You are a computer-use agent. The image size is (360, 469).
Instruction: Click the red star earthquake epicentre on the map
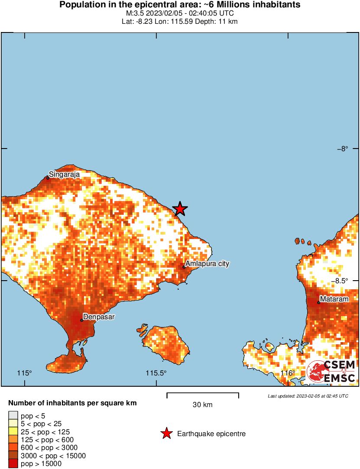(180, 209)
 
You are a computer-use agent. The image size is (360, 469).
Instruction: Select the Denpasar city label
(99, 317)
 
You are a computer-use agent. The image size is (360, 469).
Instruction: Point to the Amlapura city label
(207, 263)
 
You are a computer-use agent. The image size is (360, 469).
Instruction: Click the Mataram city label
(334, 299)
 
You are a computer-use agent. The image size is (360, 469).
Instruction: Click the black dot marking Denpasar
(81, 320)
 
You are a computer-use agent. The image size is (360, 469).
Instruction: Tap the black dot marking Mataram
(318, 302)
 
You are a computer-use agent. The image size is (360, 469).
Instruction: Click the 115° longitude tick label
(25, 373)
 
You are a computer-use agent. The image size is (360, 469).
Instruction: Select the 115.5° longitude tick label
(156, 373)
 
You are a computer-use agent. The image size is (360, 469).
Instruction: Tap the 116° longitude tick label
(288, 373)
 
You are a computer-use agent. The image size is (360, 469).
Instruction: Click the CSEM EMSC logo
(331, 371)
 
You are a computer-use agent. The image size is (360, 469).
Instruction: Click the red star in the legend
(166, 433)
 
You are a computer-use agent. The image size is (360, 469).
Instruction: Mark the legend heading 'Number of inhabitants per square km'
(72, 403)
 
